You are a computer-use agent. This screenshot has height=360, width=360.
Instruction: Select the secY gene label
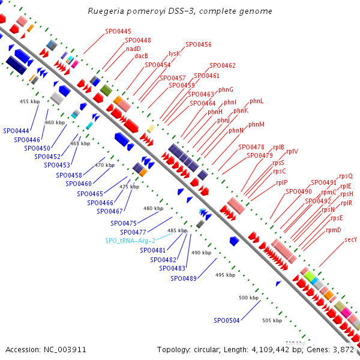351,239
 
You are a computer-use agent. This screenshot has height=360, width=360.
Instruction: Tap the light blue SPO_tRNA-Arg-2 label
130,241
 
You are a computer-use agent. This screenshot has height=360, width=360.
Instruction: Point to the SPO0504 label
227,320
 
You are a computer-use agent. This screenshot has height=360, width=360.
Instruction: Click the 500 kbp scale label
248,298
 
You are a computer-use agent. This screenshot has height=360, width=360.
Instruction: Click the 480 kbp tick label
153,208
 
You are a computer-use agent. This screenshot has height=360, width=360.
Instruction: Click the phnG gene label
226,89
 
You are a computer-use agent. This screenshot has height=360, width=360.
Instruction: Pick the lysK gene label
174,53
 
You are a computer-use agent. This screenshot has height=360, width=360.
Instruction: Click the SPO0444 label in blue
16,130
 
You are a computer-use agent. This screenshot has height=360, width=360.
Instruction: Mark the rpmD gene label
333,230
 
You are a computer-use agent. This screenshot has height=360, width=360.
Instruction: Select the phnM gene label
256,124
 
